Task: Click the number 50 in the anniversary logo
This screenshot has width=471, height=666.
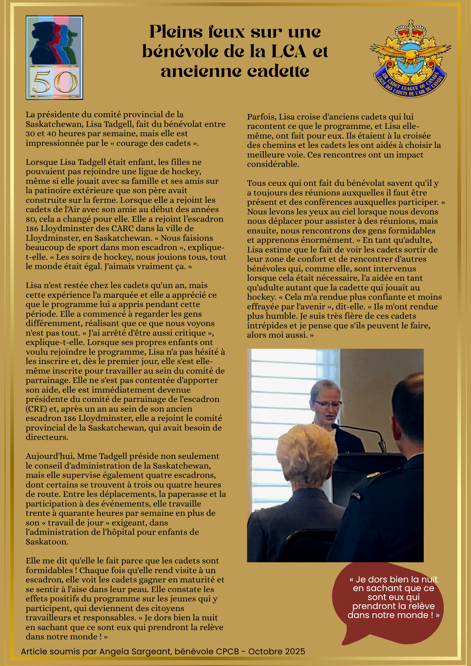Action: [x=55, y=82]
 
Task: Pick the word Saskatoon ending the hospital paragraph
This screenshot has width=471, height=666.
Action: [x=47, y=541]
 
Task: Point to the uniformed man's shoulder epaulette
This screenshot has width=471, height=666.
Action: [x=373, y=475]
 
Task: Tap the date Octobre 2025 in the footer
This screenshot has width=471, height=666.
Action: [x=276, y=651]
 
